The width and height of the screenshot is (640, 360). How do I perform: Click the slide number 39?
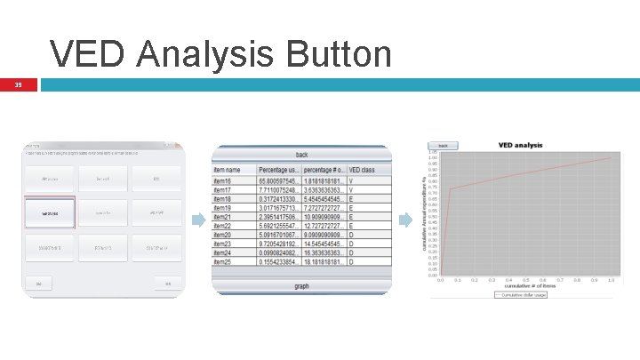pyautogui.click(x=17, y=85)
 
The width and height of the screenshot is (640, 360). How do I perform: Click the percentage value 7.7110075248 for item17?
pyautogui.click(x=279, y=189)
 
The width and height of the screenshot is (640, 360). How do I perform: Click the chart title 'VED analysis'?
pyautogui.click(x=520, y=145)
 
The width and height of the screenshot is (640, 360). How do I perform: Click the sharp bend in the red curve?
pyautogui.click(x=450, y=188)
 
